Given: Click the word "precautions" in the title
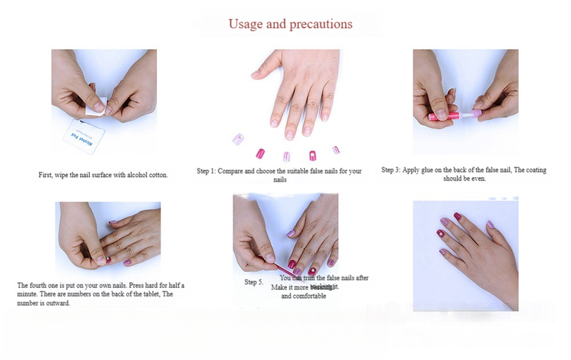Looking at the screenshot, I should (322, 24).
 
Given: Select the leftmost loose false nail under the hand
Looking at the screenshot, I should (236, 138).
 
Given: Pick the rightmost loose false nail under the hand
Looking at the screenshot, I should (335, 150).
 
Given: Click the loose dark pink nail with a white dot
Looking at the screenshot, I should (312, 155).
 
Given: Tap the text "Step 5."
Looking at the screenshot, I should (254, 283).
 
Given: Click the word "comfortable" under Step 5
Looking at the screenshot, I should (304, 296).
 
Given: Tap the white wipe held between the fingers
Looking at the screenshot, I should (96, 106).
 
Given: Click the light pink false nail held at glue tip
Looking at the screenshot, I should (472, 113).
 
